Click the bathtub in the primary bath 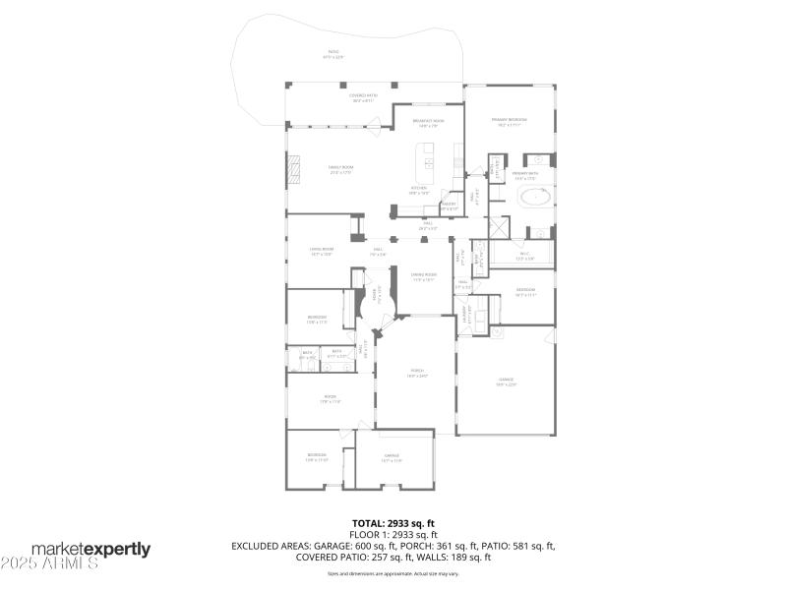[x=534, y=198]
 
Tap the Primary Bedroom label [x=510, y=122]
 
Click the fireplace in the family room [x=291, y=171]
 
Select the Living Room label [x=322, y=251]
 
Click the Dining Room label [x=423, y=277]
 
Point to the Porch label [x=417, y=374]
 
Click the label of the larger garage [x=506, y=382]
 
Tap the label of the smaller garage [x=392, y=457]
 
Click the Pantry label [x=448, y=206]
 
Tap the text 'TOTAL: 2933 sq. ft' [x=393, y=523]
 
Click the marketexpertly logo [x=91, y=549]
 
